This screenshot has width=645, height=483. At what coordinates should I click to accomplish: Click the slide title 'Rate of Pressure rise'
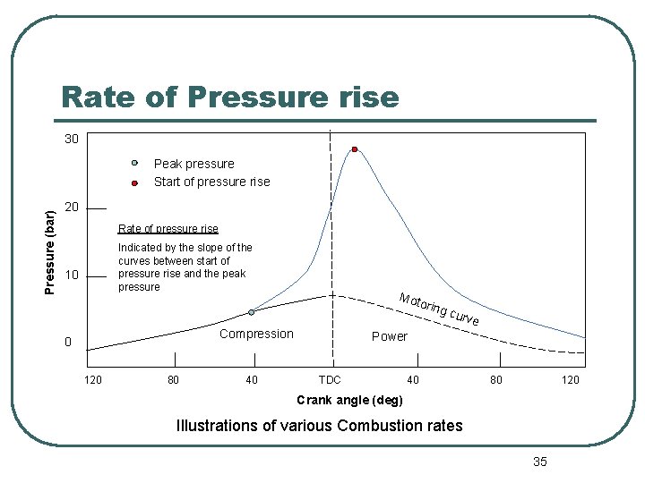[x=229, y=96]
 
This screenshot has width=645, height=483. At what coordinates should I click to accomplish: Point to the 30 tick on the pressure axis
[x=71, y=140]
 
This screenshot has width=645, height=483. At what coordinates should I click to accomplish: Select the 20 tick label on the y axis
[x=72, y=207]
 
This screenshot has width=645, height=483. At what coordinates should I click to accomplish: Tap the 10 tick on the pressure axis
[x=72, y=274]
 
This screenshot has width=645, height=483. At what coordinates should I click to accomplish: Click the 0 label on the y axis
[x=67, y=342]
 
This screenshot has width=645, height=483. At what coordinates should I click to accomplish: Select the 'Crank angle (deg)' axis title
[x=349, y=399]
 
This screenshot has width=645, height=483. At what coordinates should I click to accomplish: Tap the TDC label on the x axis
[x=330, y=380]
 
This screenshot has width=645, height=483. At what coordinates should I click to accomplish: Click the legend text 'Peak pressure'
[x=193, y=164]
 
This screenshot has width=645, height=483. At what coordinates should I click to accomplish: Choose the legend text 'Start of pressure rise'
[x=211, y=182]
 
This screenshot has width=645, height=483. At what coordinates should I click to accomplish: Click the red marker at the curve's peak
[x=355, y=149]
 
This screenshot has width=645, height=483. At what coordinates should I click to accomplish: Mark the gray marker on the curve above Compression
[x=252, y=312]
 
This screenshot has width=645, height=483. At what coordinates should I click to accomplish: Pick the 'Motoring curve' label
[x=439, y=309]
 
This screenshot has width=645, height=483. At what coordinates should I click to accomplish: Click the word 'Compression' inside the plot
[x=256, y=334]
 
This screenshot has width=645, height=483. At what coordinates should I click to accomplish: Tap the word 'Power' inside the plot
[x=389, y=336]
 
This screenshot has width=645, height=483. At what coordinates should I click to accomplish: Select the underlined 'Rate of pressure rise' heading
[x=168, y=228]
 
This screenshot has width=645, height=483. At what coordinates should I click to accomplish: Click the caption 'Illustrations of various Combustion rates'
[x=320, y=426]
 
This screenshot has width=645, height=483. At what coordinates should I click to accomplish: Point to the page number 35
[x=539, y=462]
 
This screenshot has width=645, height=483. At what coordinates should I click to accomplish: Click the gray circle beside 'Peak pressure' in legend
[x=133, y=163]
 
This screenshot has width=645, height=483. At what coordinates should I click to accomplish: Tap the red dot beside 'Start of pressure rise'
[x=133, y=182]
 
